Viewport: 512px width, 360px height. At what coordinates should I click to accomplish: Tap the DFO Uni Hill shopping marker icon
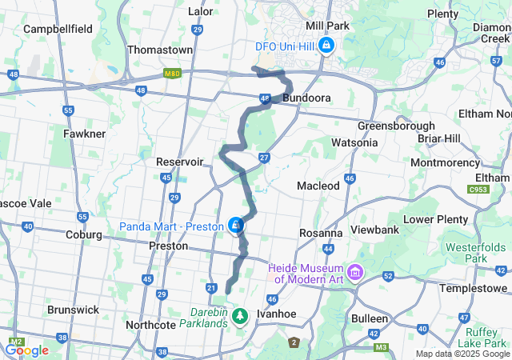(x=326, y=46)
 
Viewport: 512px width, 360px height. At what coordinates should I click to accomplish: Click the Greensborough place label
(x=396, y=126)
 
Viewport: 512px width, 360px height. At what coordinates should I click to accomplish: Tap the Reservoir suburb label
(x=180, y=162)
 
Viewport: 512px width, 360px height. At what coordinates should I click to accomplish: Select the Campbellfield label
(x=58, y=29)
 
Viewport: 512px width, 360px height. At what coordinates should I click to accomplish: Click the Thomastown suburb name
(x=160, y=50)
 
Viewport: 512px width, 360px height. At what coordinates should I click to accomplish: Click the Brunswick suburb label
(x=73, y=309)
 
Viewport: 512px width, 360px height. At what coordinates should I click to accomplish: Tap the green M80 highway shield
(x=171, y=73)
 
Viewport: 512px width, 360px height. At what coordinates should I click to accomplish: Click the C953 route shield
(x=479, y=189)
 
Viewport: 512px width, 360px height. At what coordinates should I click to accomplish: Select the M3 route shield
(x=381, y=346)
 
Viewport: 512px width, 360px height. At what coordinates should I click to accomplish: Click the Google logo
(x=26, y=350)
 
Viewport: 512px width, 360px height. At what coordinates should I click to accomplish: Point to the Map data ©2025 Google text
(x=462, y=354)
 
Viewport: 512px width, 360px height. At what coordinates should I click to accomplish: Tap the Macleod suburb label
(x=318, y=186)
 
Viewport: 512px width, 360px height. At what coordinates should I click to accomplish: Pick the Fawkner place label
(x=84, y=134)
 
